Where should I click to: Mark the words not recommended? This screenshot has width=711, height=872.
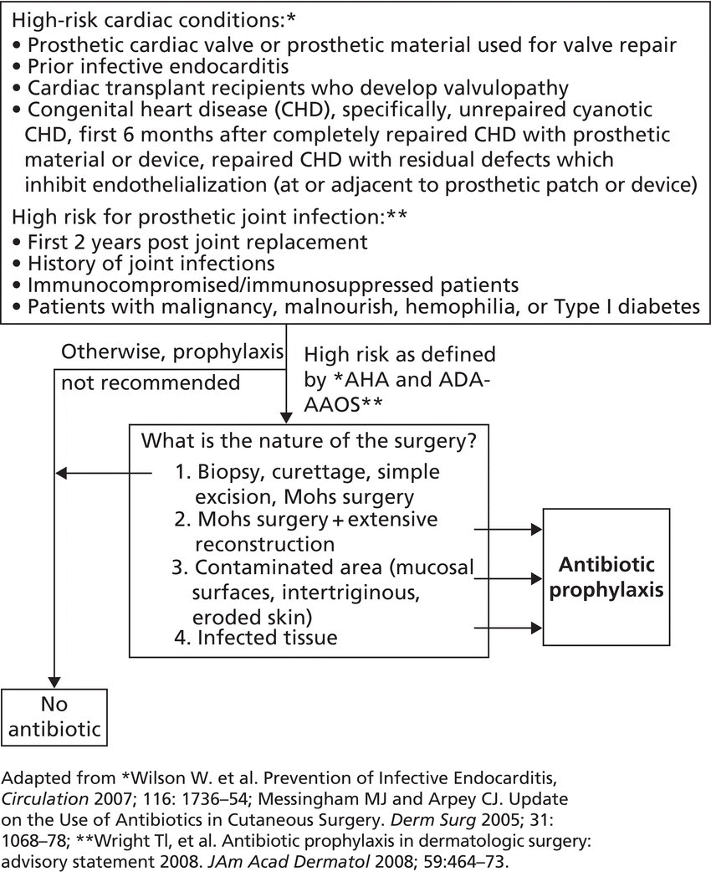tap(149, 382)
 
